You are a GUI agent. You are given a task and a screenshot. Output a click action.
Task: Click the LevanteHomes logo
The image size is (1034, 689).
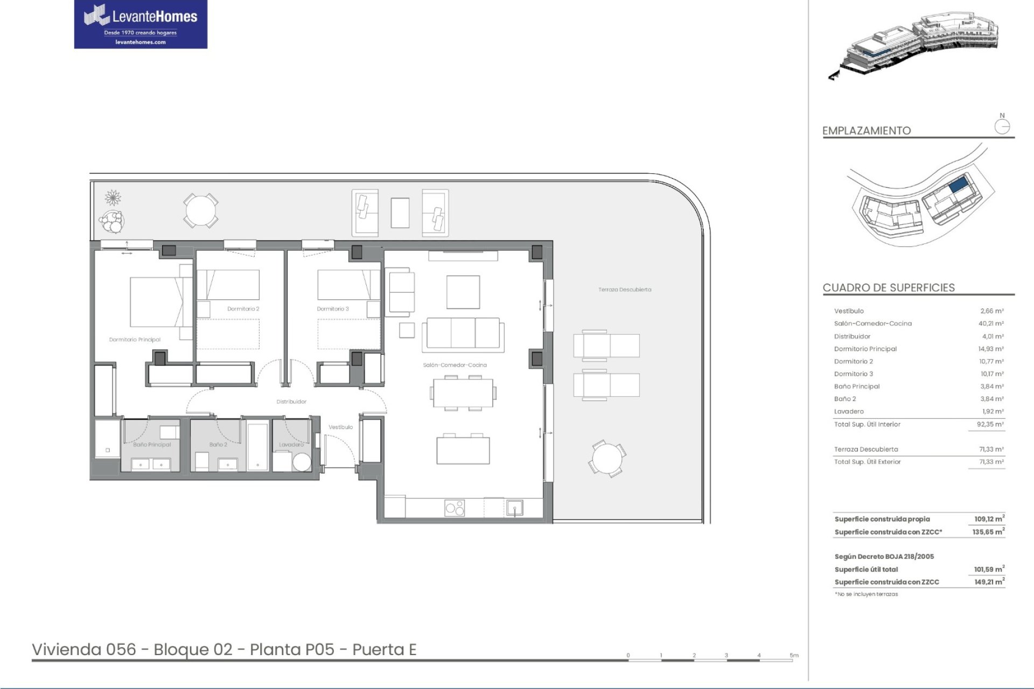click(x=141, y=24)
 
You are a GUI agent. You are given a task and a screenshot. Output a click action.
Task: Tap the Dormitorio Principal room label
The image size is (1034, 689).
click(x=135, y=340)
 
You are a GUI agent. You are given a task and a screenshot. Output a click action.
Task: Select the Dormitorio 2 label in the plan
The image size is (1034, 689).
click(x=243, y=309)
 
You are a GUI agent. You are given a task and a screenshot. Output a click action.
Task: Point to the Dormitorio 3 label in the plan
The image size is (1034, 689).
click(x=333, y=309)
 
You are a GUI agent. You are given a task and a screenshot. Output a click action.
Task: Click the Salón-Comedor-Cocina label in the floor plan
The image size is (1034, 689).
click(x=455, y=365)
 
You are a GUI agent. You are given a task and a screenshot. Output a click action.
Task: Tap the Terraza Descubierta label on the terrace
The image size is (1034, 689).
click(x=625, y=290)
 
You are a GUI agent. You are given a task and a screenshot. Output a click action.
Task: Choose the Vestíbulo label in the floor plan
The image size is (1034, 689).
click(x=341, y=427)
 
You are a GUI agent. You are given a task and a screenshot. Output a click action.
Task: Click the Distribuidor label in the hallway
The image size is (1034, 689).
click(x=291, y=402)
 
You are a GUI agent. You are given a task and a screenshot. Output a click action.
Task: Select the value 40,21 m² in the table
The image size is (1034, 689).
click(x=992, y=324)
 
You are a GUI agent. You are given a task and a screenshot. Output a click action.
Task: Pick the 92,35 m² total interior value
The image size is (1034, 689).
click(x=992, y=424)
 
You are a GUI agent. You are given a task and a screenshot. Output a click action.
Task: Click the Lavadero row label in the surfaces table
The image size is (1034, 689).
click(x=849, y=411)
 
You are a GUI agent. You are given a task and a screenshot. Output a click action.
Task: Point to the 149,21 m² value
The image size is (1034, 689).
click(x=990, y=581)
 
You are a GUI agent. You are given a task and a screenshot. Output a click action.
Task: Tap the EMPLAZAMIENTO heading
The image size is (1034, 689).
click(x=867, y=131)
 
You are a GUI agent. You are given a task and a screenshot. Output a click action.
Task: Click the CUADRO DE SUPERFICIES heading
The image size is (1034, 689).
click(x=889, y=287)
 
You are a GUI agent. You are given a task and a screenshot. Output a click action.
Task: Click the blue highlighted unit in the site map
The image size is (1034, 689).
click(x=958, y=186)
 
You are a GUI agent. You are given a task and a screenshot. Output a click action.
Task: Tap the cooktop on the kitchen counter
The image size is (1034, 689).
click(x=455, y=508)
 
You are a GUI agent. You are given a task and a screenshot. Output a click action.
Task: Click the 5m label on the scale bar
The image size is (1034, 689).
click(x=794, y=655)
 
